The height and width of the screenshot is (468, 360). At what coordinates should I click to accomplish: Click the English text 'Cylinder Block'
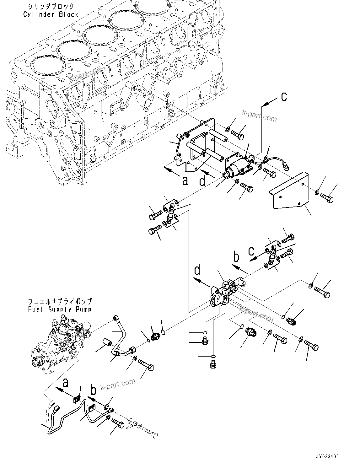[50, 14]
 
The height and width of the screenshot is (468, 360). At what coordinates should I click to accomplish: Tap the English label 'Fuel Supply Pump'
[60, 309]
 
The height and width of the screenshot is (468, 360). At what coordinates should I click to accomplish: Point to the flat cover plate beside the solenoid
[292, 191]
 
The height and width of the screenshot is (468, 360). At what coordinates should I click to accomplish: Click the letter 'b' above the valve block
[236, 256]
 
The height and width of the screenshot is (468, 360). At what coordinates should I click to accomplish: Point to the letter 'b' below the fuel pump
[94, 391]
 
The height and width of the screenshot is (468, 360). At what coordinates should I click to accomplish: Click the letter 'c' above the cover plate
[284, 97]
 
